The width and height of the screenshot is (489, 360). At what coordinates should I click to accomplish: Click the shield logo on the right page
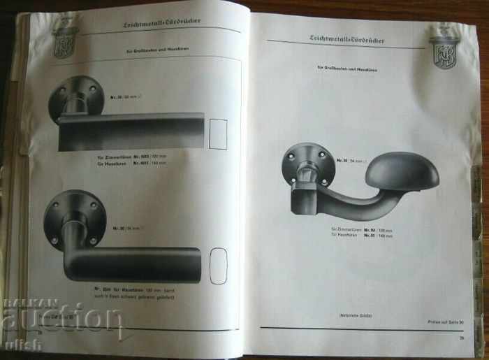pyautogui.click(x=444, y=48)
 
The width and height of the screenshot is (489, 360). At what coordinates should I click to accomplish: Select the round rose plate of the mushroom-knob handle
pyautogui.click(x=304, y=164)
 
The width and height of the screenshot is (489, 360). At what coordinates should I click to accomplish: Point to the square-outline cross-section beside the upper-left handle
pyautogui.click(x=219, y=134)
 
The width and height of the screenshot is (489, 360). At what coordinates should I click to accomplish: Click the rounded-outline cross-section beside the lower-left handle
pyautogui.click(x=219, y=266)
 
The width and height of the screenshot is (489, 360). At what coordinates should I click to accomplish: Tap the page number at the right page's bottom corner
pyautogui.click(x=462, y=340)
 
